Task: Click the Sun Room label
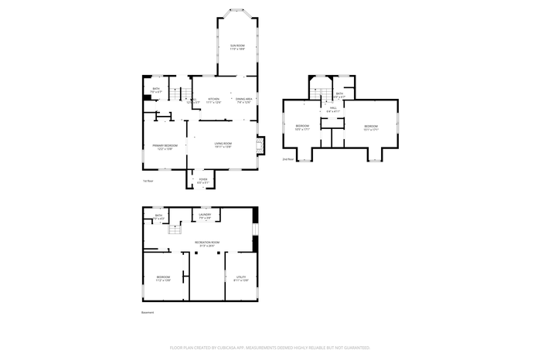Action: click(237, 48)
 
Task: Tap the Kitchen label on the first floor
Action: click(214, 100)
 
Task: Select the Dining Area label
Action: click(243, 100)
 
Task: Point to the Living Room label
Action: click(223, 144)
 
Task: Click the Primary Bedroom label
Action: click(165, 146)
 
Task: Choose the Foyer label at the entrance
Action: click(202, 179)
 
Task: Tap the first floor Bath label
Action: click(156, 90)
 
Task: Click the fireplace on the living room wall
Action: click(260, 144)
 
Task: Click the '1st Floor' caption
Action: click(148, 182)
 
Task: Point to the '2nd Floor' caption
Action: click(288, 159)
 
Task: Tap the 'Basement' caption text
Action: click(148, 312)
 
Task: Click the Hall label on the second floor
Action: click(332, 110)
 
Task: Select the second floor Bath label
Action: click(339, 93)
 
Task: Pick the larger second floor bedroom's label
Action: click(371, 127)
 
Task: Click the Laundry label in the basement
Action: click(205, 216)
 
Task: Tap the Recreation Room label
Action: click(204, 244)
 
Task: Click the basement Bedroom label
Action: click(162, 278)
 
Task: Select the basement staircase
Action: click(175, 229)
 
